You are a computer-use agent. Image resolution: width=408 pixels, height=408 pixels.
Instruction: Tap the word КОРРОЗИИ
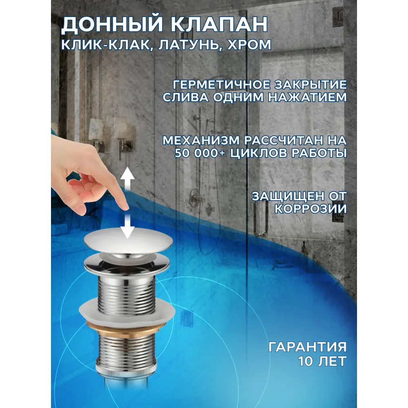point(310,208)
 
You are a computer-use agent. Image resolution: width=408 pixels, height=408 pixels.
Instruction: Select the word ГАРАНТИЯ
point(308,347)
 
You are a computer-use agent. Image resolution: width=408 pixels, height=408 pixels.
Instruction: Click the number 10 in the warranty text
point(306,361)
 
